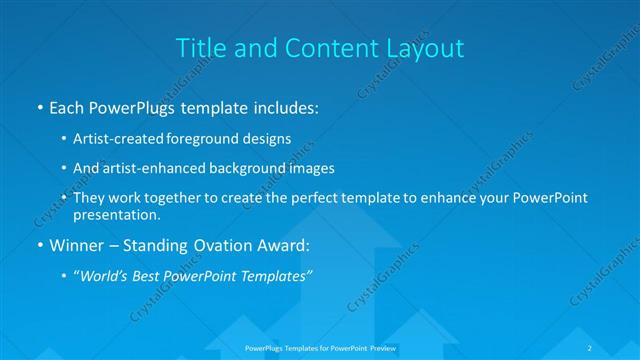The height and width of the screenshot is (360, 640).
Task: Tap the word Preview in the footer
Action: [x=385, y=347]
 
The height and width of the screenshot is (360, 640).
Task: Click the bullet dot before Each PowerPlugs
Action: [x=38, y=107]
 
